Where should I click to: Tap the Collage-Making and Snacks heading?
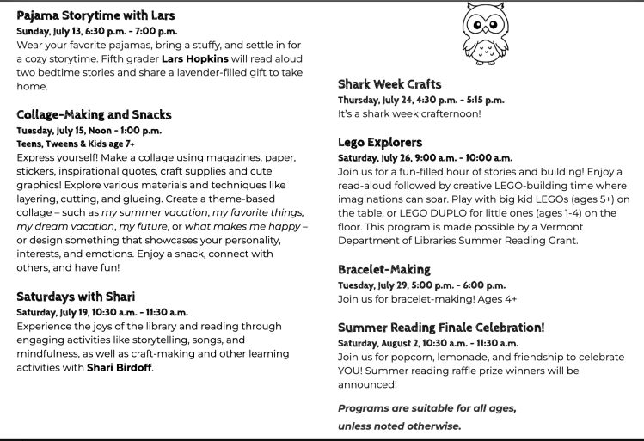[94, 114]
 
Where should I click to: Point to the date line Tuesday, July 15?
[89, 131]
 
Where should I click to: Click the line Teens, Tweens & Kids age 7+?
[76, 144]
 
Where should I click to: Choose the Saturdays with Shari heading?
[76, 297]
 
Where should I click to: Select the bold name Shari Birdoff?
[120, 368]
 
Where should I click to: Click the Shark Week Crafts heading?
[389, 84]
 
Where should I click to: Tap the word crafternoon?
[450, 113]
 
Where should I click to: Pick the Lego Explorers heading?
[380, 142]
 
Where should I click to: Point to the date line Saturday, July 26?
[425, 158]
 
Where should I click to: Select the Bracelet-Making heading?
[386, 269]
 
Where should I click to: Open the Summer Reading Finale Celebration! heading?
[441, 328]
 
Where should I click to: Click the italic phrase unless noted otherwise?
[399, 426]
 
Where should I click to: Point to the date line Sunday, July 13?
[97, 31]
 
